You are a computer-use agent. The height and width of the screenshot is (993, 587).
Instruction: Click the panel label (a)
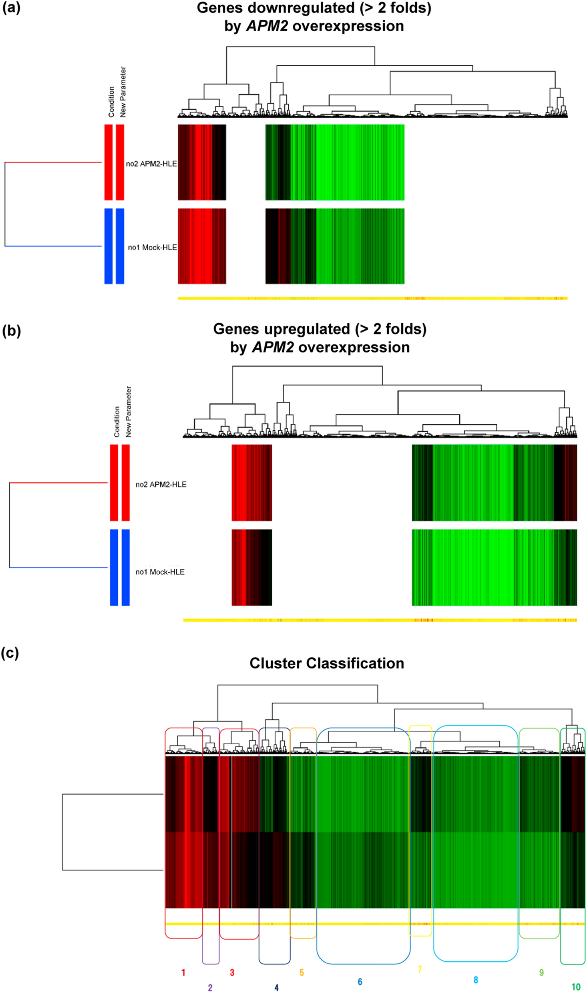(11, 8)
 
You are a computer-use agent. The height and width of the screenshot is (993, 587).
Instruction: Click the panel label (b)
(11, 331)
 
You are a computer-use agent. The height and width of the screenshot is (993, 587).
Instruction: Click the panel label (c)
(10, 653)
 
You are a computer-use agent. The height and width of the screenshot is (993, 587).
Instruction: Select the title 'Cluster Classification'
(326, 663)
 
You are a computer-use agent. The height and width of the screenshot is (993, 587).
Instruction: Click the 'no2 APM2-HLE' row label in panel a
(151, 163)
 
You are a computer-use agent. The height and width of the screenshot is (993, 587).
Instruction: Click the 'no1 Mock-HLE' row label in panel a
(152, 248)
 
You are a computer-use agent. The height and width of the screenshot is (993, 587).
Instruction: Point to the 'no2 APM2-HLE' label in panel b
(161, 484)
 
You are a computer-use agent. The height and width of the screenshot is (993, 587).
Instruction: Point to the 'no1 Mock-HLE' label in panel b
(160, 572)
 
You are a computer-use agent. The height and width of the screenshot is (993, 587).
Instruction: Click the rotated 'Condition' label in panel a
(111, 102)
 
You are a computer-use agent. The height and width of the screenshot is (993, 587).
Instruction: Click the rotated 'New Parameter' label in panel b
(129, 411)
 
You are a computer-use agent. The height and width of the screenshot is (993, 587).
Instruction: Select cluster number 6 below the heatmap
(360, 981)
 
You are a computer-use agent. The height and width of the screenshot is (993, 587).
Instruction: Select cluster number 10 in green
(576, 987)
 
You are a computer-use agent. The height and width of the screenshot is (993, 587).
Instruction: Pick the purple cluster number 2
(210, 987)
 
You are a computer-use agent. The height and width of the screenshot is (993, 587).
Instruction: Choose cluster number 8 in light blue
(475, 979)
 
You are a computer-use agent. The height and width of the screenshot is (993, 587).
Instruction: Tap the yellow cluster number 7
(419, 969)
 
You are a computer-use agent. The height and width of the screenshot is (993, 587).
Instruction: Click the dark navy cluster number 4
(276, 987)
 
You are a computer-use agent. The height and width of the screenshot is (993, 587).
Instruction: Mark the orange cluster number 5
(302, 972)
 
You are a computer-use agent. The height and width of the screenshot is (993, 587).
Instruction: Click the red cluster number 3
(232, 972)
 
